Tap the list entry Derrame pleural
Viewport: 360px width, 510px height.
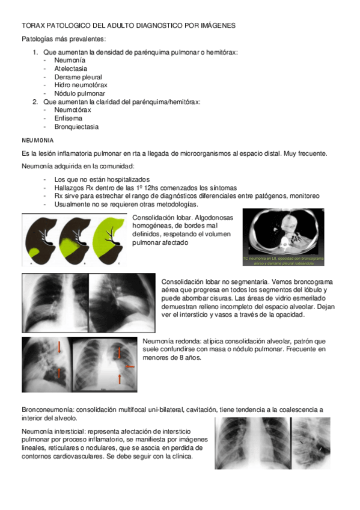pyautogui.click(x=78, y=77)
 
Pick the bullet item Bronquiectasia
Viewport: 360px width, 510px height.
pyautogui.click(x=76, y=127)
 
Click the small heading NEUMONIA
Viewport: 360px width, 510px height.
pyautogui.click(x=37, y=140)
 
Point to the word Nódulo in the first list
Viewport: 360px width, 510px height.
pyautogui.click(x=65, y=93)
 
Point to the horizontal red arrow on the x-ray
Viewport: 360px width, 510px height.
pyautogui.click(x=129, y=366)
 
